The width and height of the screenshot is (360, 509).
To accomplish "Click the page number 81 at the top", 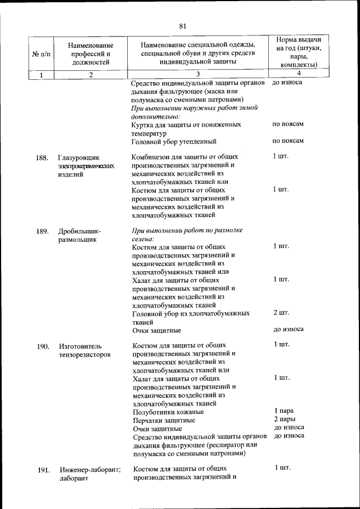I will pyautogui.click(x=182, y=26).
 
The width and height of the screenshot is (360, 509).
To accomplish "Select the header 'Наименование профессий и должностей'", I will pyautogui.click(x=91, y=54).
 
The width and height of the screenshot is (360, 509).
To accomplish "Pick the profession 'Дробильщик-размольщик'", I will pyautogui.click(x=79, y=235).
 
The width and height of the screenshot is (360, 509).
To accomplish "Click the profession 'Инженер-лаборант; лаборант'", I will pyautogui.click(x=90, y=474).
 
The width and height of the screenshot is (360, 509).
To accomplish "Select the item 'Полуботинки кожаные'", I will pyautogui.click(x=168, y=412).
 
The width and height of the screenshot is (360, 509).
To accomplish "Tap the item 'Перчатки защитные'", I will pyautogui.click(x=164, y=420).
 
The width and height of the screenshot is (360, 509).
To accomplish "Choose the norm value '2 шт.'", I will pyautogui.click(x=281, y=312).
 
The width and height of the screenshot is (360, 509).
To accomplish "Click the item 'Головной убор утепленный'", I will pyautogui.click(x=174, y=141).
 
